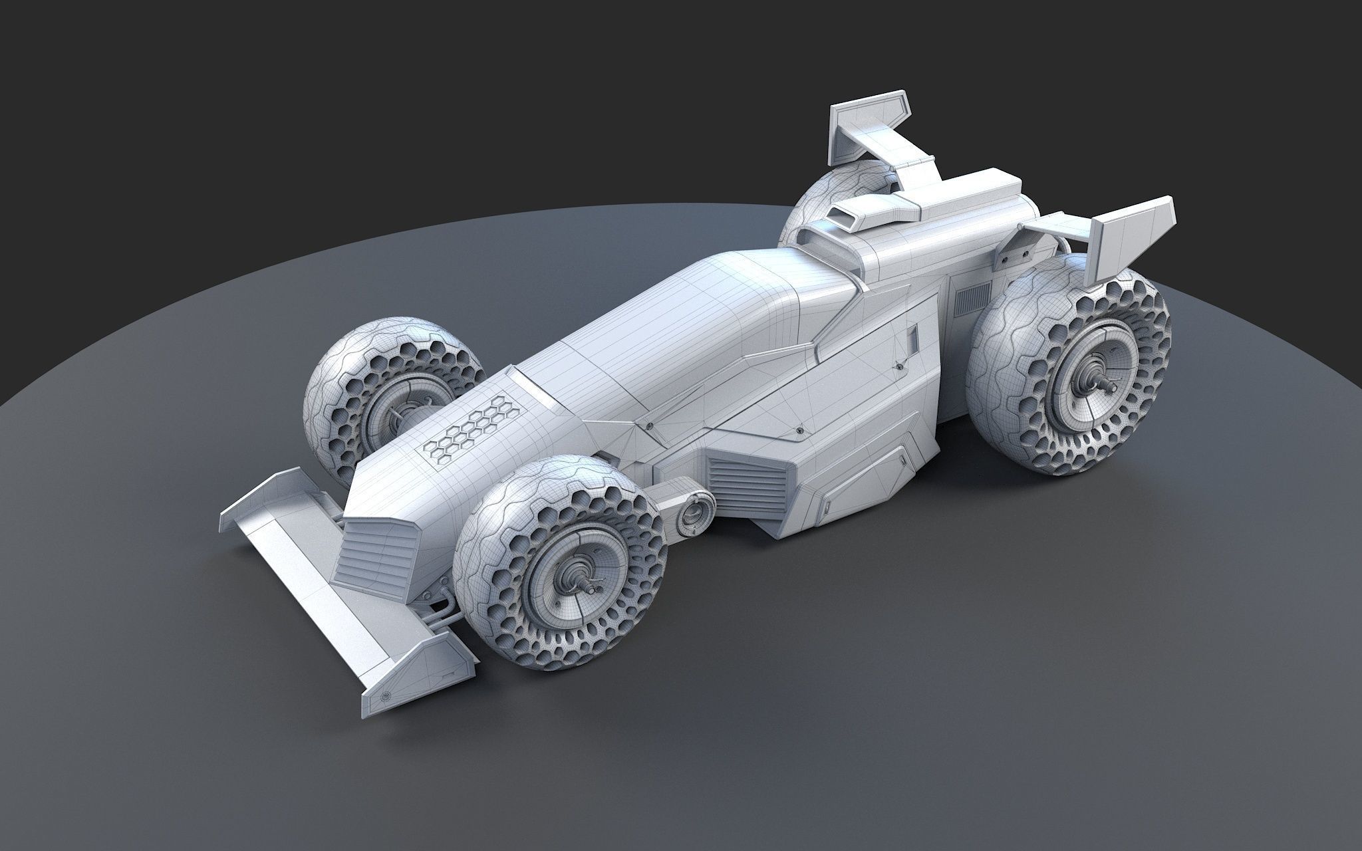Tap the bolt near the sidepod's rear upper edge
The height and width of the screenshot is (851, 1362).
(x=899, y=364)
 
